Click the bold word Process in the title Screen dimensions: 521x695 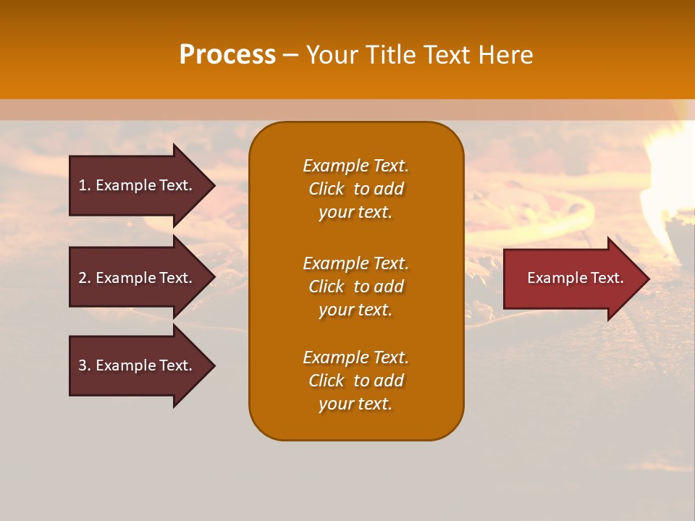click(227, 55)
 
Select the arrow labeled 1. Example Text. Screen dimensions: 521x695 click(138, 185)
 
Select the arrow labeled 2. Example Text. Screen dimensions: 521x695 click(138, 278)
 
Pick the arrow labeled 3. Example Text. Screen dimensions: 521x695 click(138, 365)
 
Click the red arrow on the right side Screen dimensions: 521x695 click(572, 278)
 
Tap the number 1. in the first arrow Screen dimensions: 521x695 click(85, 185)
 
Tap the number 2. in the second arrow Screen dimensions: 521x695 click(85, 278)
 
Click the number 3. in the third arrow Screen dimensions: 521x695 click(85, 365)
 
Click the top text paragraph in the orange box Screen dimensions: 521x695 click(355, 189)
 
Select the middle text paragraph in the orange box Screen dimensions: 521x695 click(355, 286)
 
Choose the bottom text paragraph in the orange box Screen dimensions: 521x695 click(355, 381)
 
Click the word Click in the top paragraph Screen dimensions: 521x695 click(326, 189)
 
